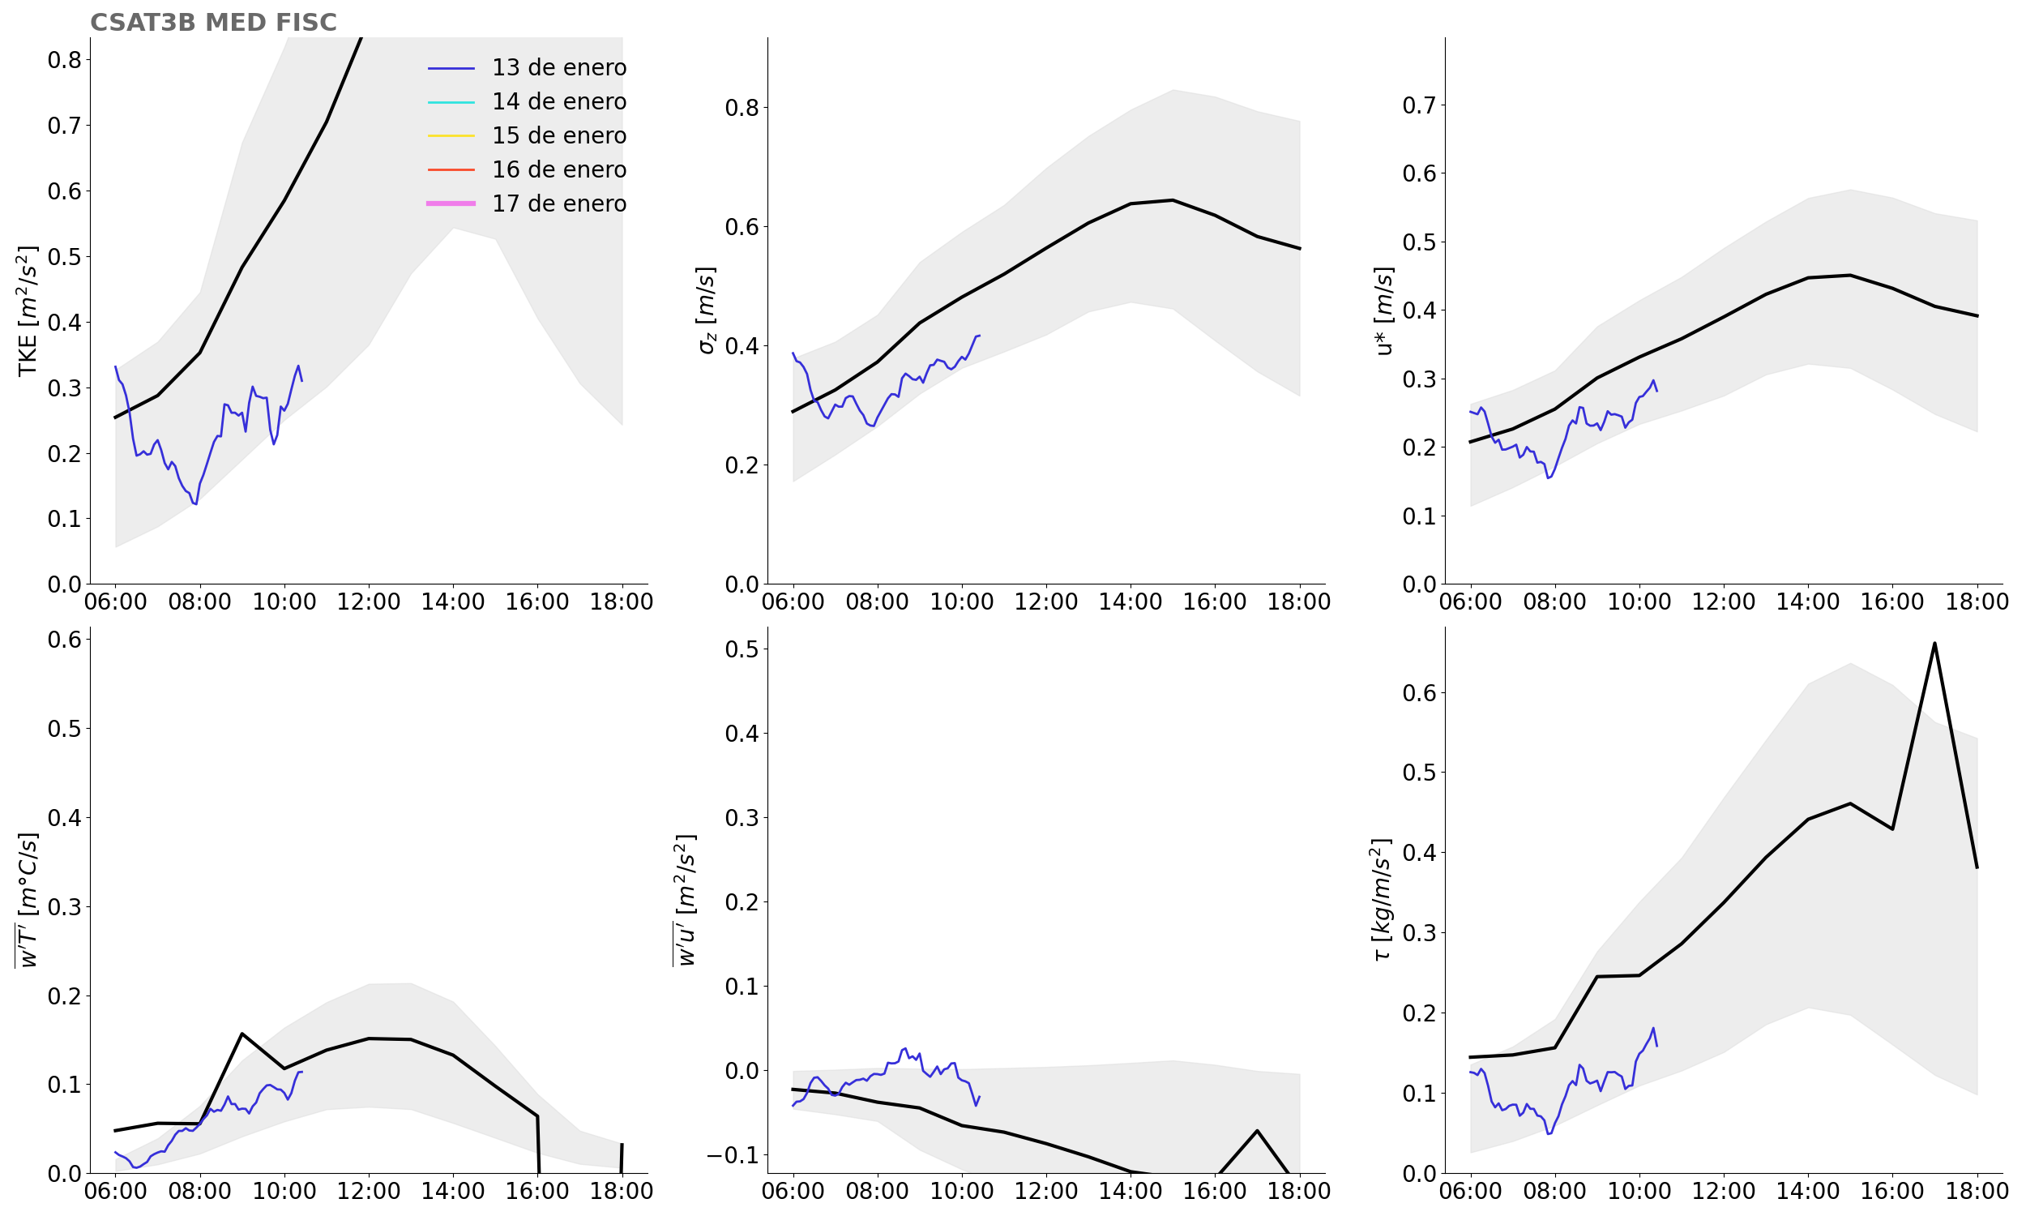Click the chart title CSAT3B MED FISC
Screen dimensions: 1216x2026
pos(213,22)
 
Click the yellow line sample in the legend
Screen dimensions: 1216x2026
pos(451,136)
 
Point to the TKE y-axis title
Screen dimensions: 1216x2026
pos(28,310)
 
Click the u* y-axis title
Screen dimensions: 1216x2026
pos(1384,310)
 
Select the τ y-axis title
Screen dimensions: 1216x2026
pos(1382,900)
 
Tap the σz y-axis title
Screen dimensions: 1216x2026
pos(706,310)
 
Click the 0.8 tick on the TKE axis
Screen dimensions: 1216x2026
pos(64,60)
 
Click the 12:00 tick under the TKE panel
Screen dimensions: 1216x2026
pos(369,602)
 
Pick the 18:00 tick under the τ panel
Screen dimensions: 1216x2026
pos(1977,1192)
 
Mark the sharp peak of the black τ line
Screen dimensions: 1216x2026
pos(1934,643)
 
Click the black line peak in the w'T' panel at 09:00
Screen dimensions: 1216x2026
pos(241,1034)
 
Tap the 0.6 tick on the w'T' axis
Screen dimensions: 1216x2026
pos(64,639)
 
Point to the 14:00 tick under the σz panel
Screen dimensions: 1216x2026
pos(1131,602)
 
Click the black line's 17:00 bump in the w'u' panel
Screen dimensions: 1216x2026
pos(1257,1131)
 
